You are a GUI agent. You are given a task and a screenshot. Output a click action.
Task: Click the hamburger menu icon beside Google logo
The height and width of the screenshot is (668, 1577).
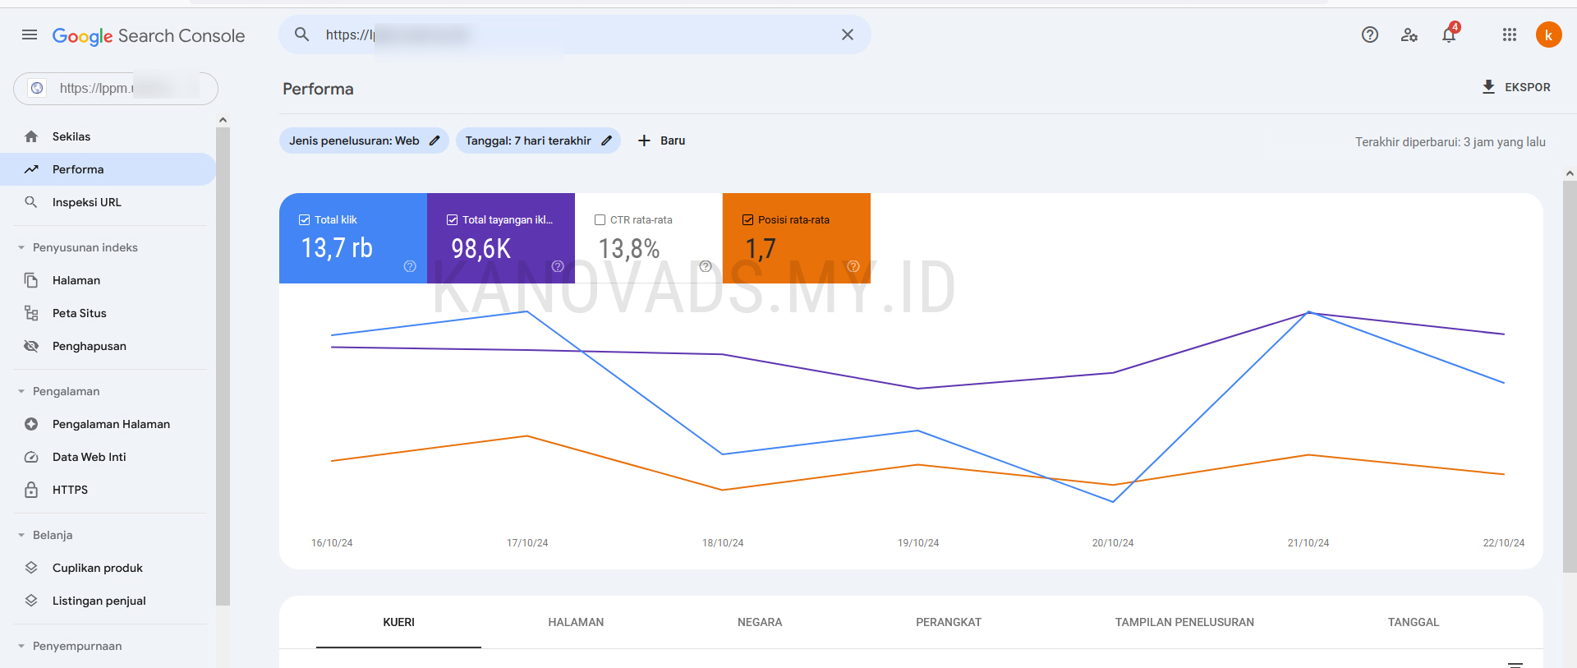[30, 35]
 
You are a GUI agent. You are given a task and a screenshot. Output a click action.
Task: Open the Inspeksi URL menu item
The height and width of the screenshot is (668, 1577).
[86, 202]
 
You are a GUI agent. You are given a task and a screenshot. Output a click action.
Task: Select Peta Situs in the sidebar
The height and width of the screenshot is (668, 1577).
[79, 313]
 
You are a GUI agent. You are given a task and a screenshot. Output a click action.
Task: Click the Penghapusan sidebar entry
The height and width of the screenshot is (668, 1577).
[89, 346]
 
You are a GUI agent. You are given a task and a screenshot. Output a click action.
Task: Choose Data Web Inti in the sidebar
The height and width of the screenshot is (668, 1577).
[89, 457]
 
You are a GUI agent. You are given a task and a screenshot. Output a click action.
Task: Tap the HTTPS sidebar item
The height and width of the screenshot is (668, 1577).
[70, 490]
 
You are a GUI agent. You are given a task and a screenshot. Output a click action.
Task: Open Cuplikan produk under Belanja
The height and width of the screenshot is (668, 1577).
[97, 568]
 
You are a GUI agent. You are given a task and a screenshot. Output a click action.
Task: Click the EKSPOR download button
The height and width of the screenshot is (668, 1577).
[1516, 87]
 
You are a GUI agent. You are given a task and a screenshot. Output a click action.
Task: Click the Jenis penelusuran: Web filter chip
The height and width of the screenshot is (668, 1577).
[364, 141]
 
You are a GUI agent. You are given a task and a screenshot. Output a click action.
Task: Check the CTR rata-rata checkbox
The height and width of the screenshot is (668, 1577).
[600, 220]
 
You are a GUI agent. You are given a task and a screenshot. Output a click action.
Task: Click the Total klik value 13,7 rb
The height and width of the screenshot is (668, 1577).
[337, 248]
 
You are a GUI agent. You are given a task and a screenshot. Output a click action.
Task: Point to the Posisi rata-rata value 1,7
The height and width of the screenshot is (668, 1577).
[760, 249]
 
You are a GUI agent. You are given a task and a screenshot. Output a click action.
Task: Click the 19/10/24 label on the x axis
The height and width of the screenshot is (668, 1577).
[918, 543]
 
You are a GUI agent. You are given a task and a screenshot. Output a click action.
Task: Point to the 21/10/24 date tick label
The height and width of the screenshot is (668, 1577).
[1308, 543]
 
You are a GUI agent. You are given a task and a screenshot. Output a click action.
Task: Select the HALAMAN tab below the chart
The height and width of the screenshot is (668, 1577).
[576, 622]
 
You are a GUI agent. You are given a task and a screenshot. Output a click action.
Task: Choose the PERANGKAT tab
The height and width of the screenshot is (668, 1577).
[949, 622]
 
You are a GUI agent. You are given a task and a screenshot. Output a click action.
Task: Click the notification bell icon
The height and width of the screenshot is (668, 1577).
[1449, 35]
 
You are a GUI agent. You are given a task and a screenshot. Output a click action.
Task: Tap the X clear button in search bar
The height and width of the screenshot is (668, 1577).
[848, 35]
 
